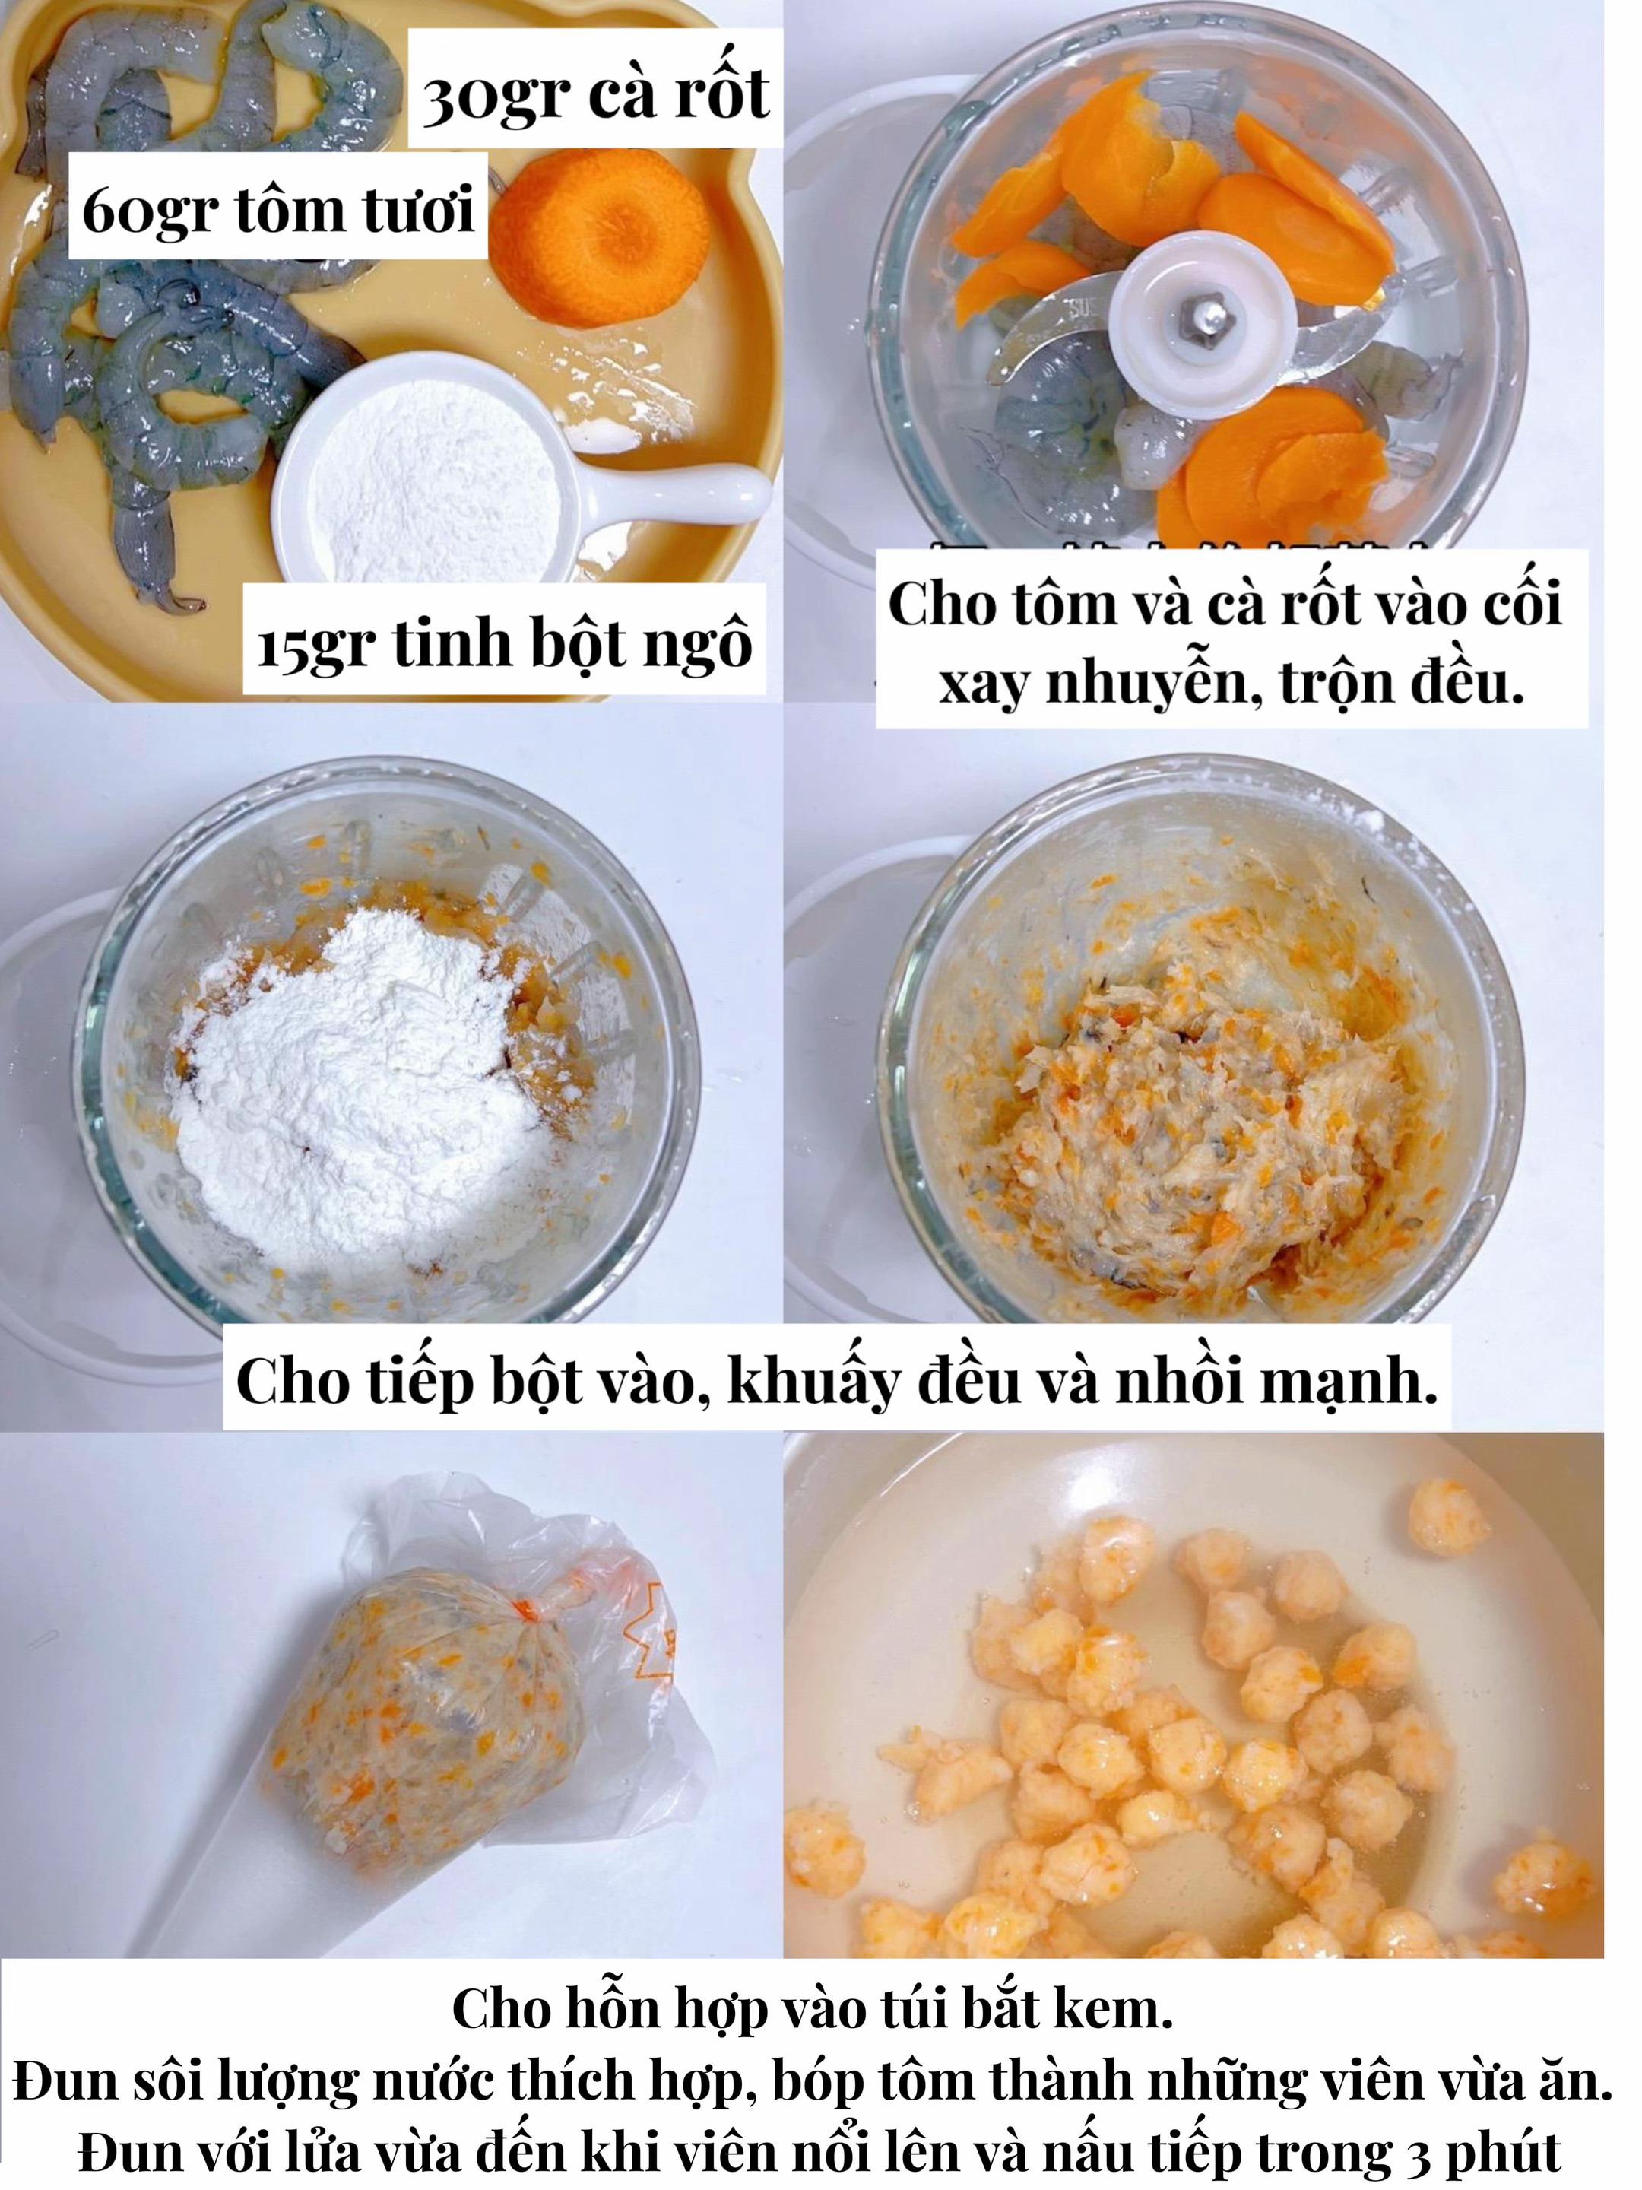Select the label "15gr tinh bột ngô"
[x=505, y=642]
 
